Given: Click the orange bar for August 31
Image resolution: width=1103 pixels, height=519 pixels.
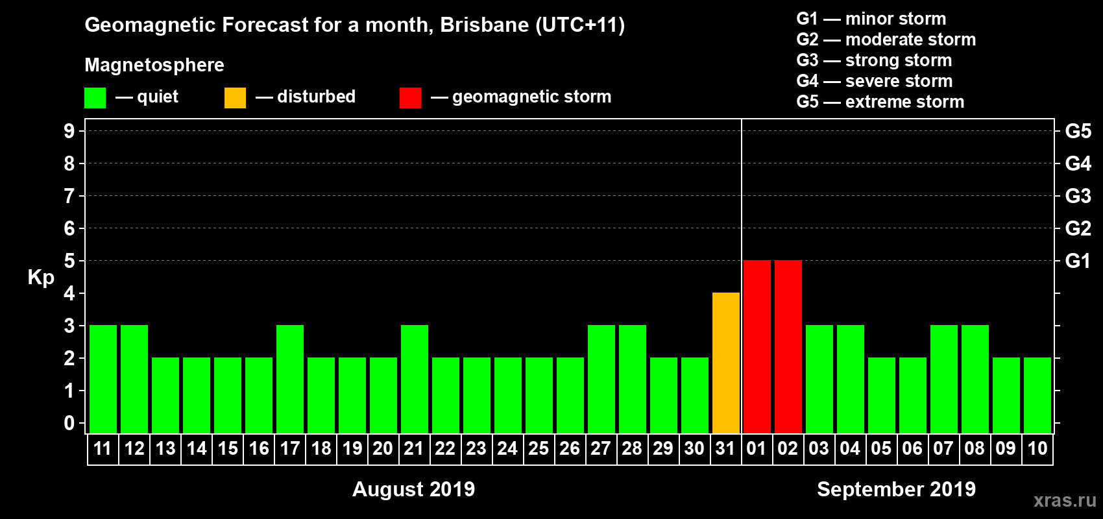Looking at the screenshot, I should point(726,363).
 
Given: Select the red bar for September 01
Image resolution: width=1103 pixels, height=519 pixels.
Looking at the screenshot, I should point(757,346).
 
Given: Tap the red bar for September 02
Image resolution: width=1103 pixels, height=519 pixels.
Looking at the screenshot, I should point(788,346).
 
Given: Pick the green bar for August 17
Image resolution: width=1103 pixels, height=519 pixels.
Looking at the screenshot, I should point(290,379).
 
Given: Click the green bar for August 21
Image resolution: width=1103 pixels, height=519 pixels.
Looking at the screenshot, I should point(415,379).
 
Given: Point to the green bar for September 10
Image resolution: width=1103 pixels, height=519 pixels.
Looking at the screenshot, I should point(1037,395).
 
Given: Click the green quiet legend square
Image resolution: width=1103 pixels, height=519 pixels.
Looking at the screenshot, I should point(95,98).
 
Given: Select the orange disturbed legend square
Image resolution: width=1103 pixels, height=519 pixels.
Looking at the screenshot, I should point(236,98).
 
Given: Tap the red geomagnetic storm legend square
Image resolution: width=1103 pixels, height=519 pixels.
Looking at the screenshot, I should point(410,98).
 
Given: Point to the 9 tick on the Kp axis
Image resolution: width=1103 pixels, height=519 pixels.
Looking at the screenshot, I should point(69,131).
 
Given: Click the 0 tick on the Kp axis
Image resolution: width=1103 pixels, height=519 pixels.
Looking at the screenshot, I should point(69,423).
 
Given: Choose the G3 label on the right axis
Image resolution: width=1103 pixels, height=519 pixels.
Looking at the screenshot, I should point(1078,196).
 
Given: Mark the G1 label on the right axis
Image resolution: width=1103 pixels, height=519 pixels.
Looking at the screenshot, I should point(1078,261).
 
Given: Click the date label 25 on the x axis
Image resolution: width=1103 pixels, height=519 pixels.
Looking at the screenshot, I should point(539,448).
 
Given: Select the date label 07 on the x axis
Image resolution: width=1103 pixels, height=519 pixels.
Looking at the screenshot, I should point(943,448).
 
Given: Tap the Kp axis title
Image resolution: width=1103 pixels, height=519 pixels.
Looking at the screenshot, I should point(41,278).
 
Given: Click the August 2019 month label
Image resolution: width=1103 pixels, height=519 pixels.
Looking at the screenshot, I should point(413,489).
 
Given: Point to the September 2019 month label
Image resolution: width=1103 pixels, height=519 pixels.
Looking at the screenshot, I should point(896,489).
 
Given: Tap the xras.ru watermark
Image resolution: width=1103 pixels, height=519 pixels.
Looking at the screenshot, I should point(1065,500).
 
